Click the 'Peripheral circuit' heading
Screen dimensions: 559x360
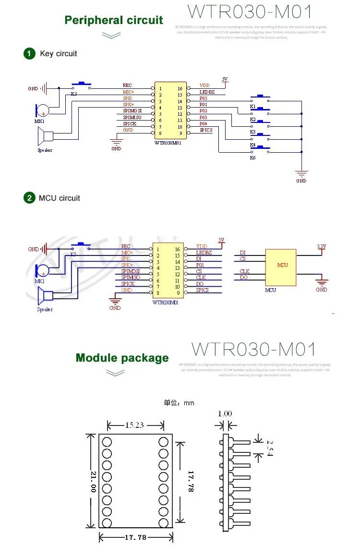(x=114, y=20)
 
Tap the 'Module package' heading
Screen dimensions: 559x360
(x=122, y=358)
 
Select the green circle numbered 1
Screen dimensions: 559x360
(x=30, y=53)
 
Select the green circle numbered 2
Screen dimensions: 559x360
(x=30, y=198)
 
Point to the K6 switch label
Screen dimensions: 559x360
(x=252, y=158)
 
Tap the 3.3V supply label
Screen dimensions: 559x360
(x=321, y=246)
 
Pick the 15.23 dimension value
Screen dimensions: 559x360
(x=135, y=425)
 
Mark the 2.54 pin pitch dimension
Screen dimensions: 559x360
(x=269, y=449)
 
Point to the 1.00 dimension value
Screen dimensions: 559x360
(x=225, y=413)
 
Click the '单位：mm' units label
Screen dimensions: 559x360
(x=179, y=403)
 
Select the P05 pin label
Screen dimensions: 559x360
(x=204, y=98)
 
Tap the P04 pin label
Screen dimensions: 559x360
(x=204, y=123)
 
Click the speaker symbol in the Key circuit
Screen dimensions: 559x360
(x=45, y=138)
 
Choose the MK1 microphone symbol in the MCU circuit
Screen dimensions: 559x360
(x=41, y=272)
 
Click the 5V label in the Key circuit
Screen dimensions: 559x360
(x=225, y=79)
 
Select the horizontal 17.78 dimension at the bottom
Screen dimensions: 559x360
(x=135, y=537)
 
